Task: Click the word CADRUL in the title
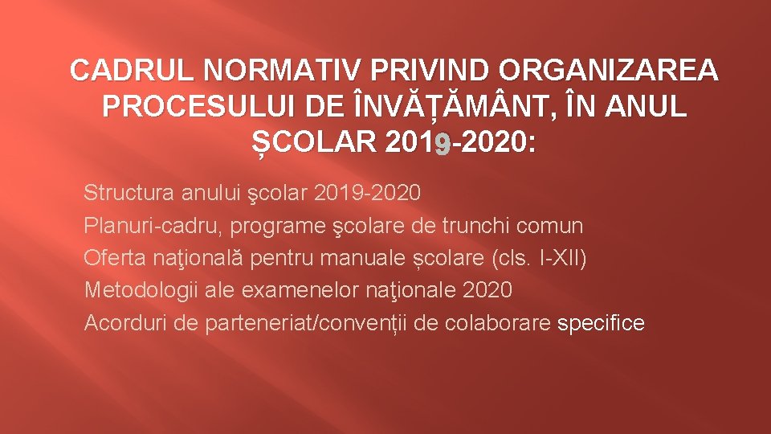(x=133, y=72)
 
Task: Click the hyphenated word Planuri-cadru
(x=153, y=227)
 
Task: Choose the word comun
(x=554, y=227)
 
